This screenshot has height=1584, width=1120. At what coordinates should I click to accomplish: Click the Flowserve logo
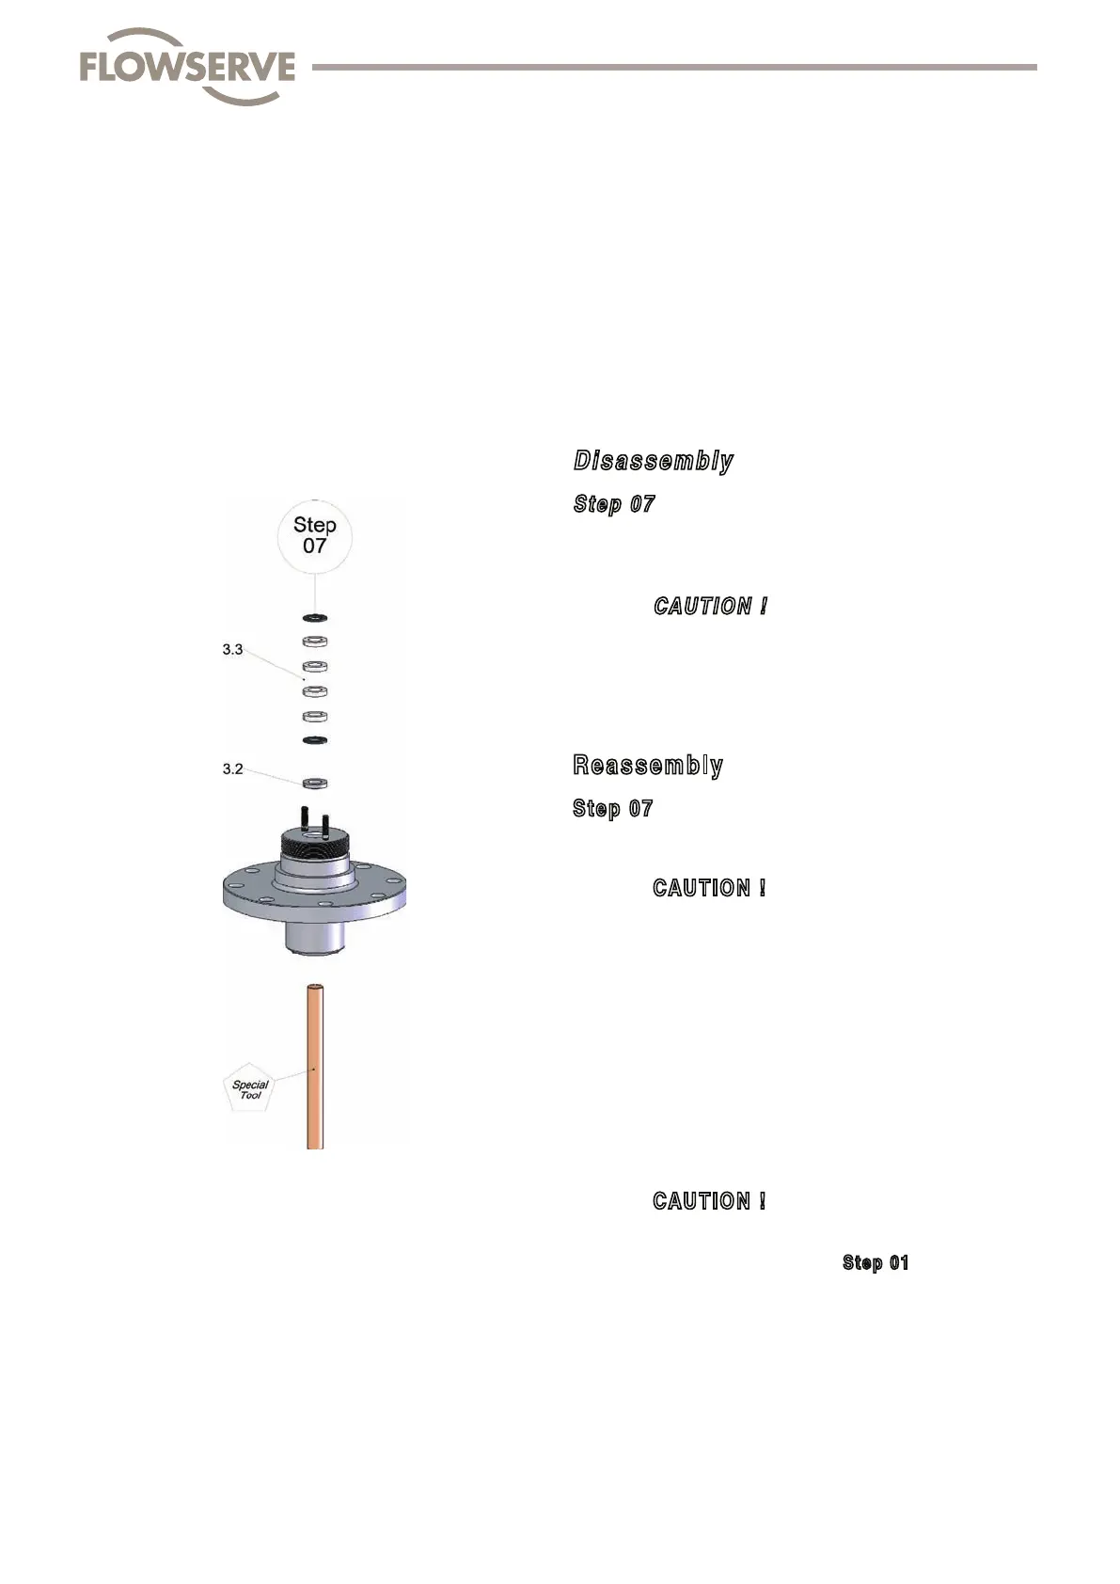(187, 67)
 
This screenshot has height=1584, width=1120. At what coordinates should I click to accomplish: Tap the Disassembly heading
(654, 461)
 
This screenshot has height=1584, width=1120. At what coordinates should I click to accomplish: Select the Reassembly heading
(648, 765)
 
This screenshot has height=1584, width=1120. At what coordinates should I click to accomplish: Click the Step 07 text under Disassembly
(614, 504)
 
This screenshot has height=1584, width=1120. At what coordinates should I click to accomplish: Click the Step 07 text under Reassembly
(613, 809)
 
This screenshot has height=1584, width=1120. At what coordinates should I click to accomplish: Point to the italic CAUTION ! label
(711, 607)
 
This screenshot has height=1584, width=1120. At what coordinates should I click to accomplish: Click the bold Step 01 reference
(875, 1262)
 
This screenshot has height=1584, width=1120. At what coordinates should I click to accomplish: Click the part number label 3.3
(232, 649)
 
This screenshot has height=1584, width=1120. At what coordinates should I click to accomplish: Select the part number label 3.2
(232, 768)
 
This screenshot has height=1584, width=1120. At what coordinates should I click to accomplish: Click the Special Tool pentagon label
(250, 1090)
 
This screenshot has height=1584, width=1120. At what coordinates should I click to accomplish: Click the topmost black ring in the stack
(314, 618)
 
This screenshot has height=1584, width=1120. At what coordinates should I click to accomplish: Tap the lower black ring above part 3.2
(314, 741)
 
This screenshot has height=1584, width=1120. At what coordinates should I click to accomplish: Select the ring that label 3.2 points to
(314, 783)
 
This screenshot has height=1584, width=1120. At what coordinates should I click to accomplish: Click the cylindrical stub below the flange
(313, 938)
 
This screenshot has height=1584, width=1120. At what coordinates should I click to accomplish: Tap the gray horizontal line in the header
(673, 68)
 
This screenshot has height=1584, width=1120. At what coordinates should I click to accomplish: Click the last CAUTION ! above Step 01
(709, 1201)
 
